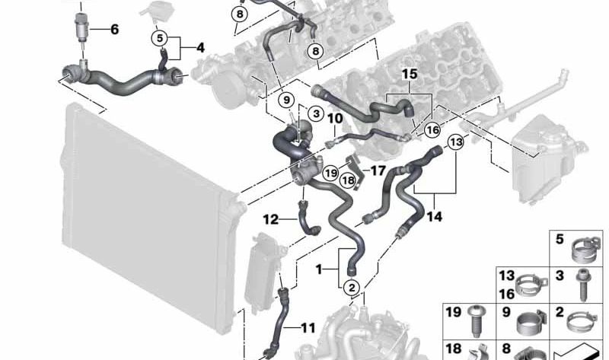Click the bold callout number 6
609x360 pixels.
point(115,29)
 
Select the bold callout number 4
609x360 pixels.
point(200,48)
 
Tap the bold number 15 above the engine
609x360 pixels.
point(410,74)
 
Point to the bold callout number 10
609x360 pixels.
point(335,119)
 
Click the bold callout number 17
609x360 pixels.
point(378,170)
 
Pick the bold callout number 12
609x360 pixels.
point(271,220)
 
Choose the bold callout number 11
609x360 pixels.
point(308,328)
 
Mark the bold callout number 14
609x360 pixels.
point(434,217)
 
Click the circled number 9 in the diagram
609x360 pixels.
point(286,100)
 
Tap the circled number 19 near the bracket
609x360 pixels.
point(330,173)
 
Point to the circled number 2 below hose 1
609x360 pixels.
point(352,288)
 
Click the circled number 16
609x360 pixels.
point(432,130)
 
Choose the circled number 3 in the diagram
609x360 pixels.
point(316,113)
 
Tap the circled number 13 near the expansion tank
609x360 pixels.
point(456,142)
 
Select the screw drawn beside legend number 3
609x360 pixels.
point(583,285)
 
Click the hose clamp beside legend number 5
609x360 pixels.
point(586,248)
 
